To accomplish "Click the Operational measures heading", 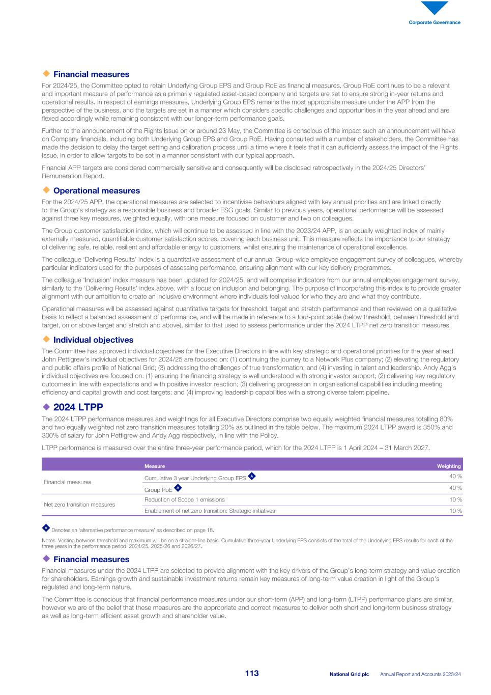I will [96, 191].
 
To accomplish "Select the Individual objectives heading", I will [93, 340].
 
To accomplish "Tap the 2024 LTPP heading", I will [78, 407].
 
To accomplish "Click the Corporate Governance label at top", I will [435, 22].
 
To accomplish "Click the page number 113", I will [252, 674].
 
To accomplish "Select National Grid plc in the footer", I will [349, 674].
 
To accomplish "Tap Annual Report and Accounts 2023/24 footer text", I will [420, 674].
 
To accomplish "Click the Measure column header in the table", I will [155, 466].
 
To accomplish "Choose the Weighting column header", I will [449, 466].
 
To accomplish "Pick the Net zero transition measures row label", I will [79, 505].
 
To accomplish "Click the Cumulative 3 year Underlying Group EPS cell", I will [195, 478].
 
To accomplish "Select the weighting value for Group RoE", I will [455, 488].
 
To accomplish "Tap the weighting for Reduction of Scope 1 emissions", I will [455, 499].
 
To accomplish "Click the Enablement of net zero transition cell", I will [210, 511].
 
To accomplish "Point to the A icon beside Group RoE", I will [178, 488].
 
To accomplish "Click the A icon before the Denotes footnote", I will [46, 528].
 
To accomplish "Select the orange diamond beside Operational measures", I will [46, 190].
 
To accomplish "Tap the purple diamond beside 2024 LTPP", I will [46, 407].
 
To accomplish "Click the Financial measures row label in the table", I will [68, 482].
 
